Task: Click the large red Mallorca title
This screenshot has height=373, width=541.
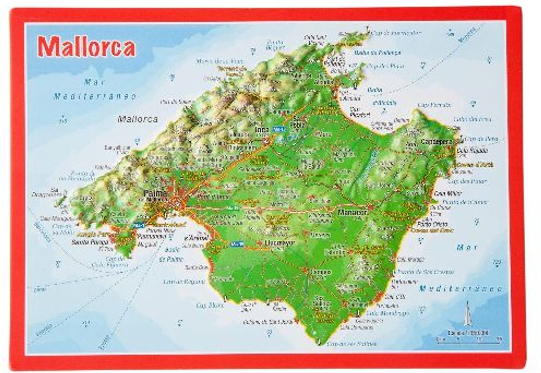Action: coord(86,47)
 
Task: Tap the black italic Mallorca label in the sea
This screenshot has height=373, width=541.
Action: coord(138,119)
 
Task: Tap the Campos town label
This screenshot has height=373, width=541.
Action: coord(319,271)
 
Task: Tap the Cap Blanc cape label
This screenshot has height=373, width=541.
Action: coord(208,305)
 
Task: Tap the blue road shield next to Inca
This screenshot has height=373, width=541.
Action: coord(278,128)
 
